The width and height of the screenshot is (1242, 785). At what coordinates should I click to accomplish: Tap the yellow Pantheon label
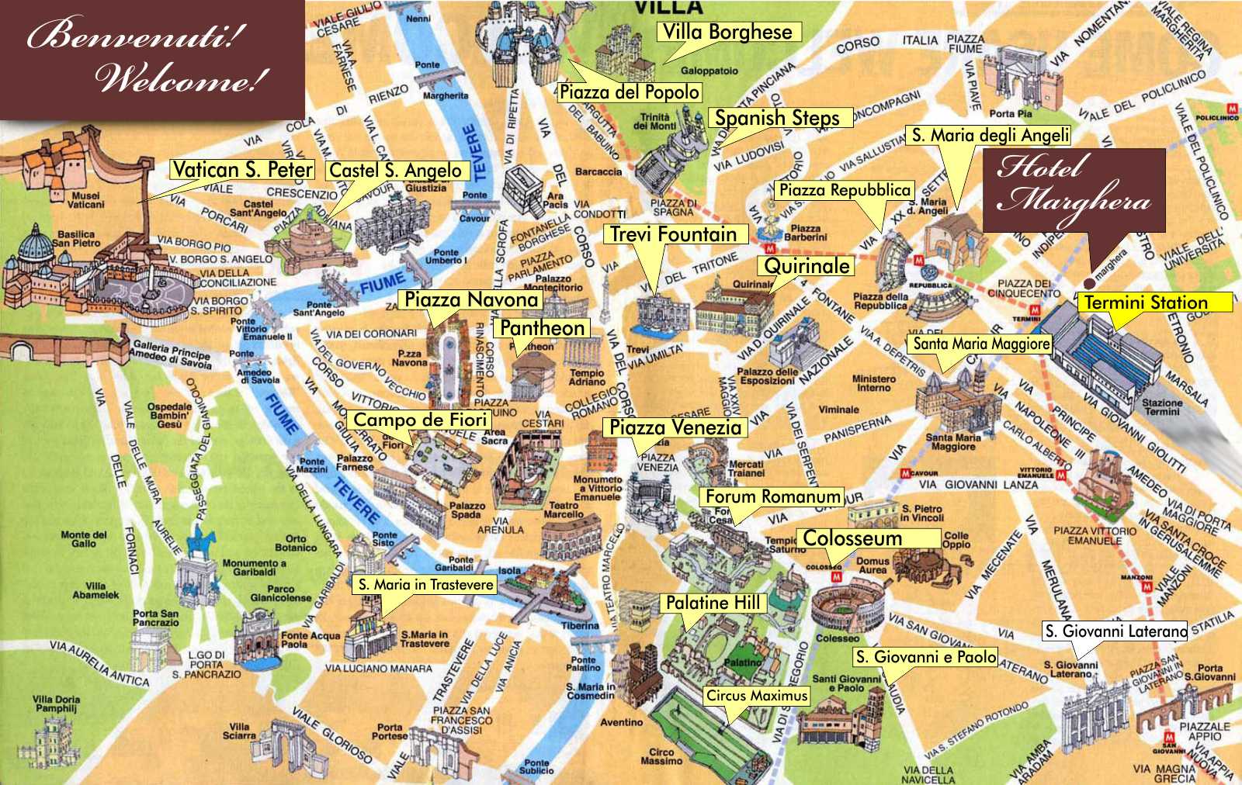(542, 328)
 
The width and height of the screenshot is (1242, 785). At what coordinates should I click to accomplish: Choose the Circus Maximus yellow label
(757, 696)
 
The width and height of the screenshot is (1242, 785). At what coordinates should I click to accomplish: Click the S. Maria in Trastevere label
(425, 585)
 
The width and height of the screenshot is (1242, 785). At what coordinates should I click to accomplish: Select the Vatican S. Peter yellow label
(242, 170)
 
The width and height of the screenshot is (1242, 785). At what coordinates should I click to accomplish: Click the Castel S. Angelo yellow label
(396, 171)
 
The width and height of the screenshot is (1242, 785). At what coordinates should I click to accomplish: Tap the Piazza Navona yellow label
(471, 299)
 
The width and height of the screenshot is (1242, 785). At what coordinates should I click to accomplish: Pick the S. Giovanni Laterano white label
(1115, 631)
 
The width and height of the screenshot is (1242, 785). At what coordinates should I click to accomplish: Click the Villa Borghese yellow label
(727, 32)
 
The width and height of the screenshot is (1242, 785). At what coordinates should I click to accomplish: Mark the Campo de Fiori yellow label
(420, 420)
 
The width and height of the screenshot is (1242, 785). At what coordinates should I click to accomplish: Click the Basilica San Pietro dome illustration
(36, 245)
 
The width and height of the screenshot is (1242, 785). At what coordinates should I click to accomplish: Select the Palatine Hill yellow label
(713, 603)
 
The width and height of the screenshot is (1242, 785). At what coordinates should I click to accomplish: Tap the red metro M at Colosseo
(836, 577)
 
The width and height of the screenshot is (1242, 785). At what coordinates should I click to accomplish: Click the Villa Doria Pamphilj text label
(56, 704)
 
